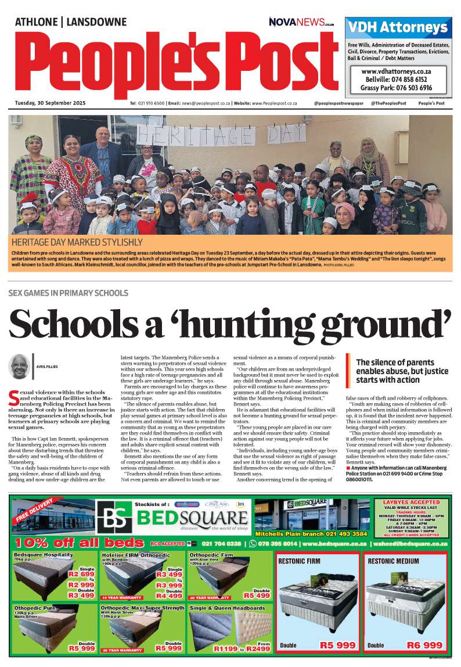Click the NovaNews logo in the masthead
[301, 22]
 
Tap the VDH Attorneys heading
[398, 27]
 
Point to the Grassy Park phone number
[397, 88]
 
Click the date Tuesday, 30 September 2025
[51, 103]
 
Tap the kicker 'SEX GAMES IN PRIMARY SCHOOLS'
[69, 292]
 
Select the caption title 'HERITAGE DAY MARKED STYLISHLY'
[77, 242]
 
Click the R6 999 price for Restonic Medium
[424, 645]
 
